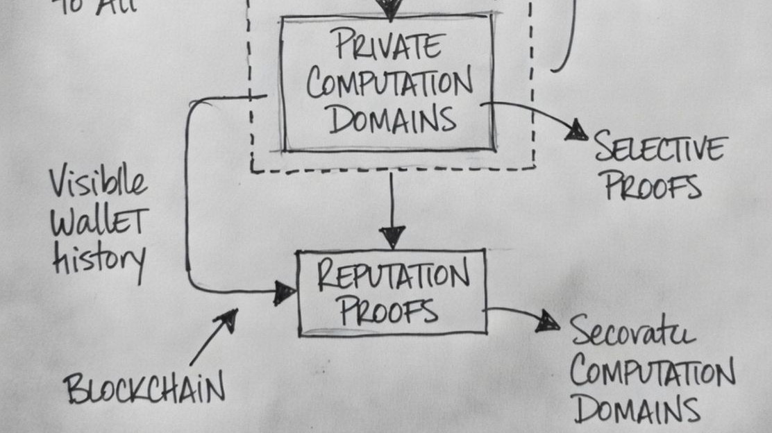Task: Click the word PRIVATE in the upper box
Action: point(387,45)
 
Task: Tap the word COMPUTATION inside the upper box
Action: point(389,84)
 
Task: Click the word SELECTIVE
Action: point(660,148)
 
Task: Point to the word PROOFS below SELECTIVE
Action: point(652,185)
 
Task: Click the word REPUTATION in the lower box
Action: point(392,275)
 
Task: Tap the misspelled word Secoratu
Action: point(632,333)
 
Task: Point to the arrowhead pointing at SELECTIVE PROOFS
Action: point(576,130)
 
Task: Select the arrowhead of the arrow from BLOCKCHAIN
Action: point(228,319)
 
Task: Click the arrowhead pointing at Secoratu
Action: point(548,320)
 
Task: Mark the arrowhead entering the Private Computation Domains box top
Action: point(389,8)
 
